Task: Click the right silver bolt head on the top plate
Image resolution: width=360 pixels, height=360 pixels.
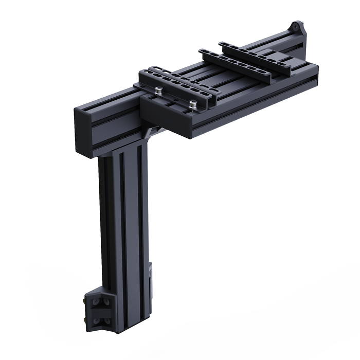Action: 193,104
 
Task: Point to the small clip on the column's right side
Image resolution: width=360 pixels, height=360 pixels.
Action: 151,273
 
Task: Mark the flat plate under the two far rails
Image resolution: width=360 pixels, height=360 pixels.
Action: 278,57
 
